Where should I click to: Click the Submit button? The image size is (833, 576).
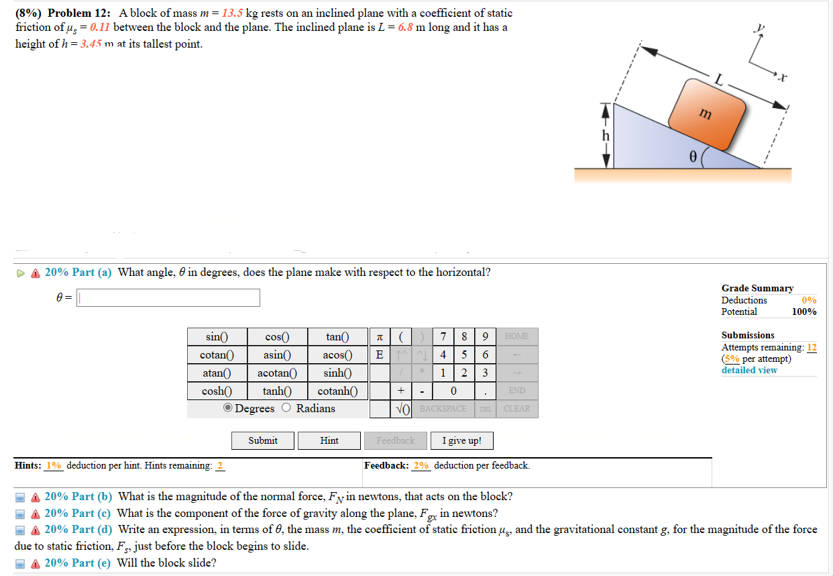point(263,440)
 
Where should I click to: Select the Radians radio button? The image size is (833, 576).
point(287,408)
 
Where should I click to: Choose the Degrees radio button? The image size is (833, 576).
point(229,408)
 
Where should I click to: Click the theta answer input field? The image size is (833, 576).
point(168,297)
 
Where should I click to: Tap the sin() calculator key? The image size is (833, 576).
point(217,336)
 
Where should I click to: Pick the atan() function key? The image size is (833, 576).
point(217,373)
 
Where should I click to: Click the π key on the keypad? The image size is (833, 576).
point(380,336)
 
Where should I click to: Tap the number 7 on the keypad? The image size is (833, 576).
point(443,336)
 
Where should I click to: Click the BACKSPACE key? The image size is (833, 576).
point(443,409)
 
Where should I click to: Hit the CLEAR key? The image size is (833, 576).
point(516,409)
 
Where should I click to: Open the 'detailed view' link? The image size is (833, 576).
point(749,370)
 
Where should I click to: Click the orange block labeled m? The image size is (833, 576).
point(706,114)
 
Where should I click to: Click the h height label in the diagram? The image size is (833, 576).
point(606,136)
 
